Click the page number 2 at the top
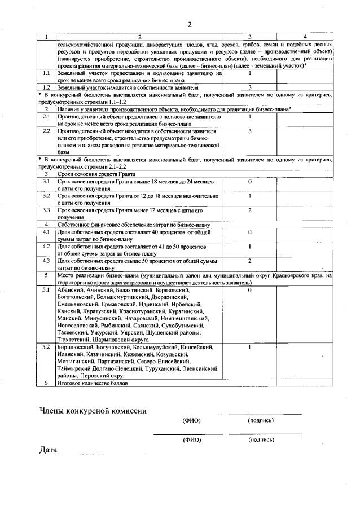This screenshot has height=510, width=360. tap(190, 24)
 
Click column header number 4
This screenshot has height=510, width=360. tap(304, 37)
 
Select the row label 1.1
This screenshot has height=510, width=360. tap(47, 73)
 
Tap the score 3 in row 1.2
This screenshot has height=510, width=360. tap(249, 87)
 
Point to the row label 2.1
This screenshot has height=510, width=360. tap(47, 116)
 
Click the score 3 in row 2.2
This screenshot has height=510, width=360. tap(249, 130)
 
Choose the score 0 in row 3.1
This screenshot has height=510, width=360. tap(249, 182)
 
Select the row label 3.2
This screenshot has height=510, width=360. tap(47, 196)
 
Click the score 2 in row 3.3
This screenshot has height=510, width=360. tap(249, 210)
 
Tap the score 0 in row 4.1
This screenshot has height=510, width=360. tap(249, 232)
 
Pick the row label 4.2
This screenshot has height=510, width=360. tap(47, 246)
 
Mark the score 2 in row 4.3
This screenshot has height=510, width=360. tap(249, 261)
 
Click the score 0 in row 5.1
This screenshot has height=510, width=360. tap(249, 290)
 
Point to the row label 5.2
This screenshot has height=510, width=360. tap(47, 346)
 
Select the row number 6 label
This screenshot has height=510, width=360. tap(47, 383)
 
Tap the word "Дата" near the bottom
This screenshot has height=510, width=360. tap(49, 450)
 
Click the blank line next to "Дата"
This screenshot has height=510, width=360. tap(104, 452)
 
